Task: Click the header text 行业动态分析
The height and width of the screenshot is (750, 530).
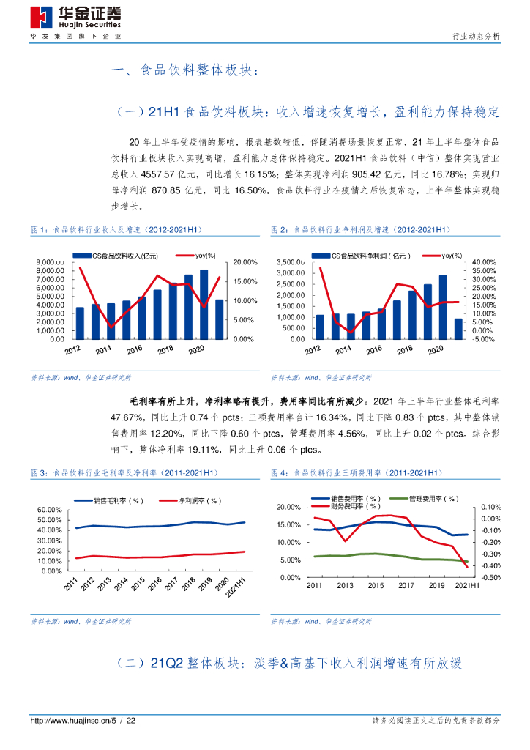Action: coord(477,36)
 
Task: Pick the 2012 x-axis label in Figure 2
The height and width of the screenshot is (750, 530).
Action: coord(314,351)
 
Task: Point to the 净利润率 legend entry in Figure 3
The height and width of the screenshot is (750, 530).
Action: coord(198,501)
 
